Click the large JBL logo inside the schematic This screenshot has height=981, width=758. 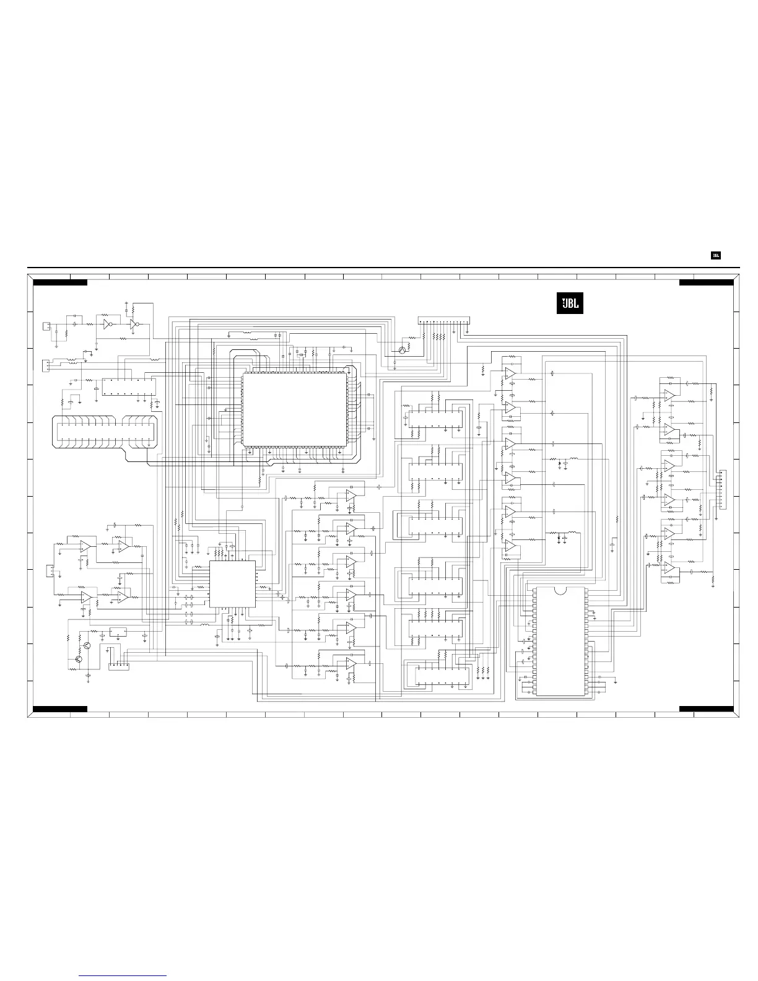pyautogui.click(x=570, y=303)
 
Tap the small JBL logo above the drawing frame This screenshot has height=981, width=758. pyautogui.click(x=715, y=256)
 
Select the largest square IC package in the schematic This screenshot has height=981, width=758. pyautogui.click(x=295, y=409)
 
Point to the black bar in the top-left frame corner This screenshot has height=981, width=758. pyautogui.click(x=60, y=282)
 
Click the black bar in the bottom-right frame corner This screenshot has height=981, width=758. pyautogui.click(x=706, y=709)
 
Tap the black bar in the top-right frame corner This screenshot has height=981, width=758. pyautogui.click(x=706, y=282)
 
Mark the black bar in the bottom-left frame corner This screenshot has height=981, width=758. pyautogui.click(x=60, y=709)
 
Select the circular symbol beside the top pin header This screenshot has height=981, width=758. pyautogui.click(x=403, y=351)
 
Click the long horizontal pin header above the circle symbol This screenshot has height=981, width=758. pyautogui.click(x=443, y=320)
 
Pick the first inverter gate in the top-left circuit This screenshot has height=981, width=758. pyautogui.click(x=108, y=324)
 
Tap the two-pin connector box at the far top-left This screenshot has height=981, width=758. pyautogui.click(x=46, y=326)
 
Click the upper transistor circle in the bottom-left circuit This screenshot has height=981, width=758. pyautogui.click(x=87, y=645)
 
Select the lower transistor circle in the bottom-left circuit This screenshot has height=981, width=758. pyautogui.click(x=79, y=660)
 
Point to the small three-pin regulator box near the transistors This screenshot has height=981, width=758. pyautogui.click(x=118, y=632)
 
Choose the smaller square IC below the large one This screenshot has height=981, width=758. pyautogui.click(x=232, y=584)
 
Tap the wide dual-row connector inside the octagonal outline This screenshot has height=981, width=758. pyautogui.click(x=105, y=432)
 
